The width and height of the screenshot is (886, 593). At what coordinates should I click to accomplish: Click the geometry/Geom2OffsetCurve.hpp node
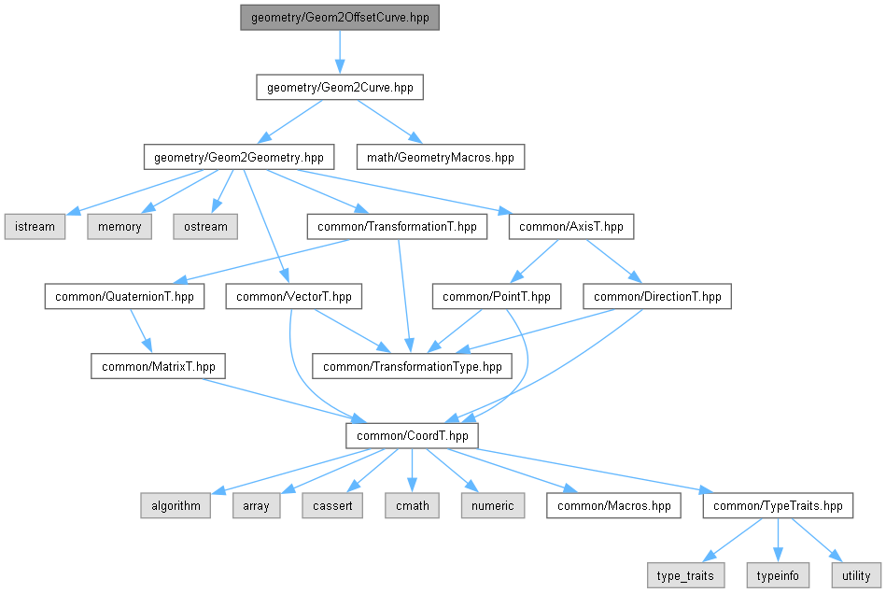(340, 18)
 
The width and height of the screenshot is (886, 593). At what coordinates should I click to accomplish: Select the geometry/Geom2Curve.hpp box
(340, 88)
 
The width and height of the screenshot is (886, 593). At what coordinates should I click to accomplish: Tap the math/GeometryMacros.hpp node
(440, 157)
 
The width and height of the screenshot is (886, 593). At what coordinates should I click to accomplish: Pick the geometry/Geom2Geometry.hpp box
(239, 157)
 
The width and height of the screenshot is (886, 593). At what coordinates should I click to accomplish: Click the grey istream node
(35, 227)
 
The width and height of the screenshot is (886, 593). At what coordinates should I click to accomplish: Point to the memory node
(120, 227)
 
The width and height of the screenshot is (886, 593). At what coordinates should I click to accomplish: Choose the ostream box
(205, 227)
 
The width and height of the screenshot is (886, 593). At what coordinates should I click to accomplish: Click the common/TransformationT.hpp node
(397, 227)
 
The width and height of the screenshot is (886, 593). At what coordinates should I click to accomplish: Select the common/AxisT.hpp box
(571, 227)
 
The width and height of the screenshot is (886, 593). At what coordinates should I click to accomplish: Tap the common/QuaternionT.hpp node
(124, 296)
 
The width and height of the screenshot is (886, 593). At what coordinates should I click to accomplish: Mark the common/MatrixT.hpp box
(158, 366)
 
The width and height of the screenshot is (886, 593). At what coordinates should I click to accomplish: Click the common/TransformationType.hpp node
(413, 366)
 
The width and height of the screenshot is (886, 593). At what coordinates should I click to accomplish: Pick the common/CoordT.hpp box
(413, 436)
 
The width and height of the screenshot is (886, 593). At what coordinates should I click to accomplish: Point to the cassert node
(332, 505)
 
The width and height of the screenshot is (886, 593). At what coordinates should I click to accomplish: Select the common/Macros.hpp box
(613, 505)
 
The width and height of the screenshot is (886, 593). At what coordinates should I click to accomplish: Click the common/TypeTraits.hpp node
(778, 505)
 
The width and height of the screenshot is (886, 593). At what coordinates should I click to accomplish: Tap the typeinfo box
(778, 575)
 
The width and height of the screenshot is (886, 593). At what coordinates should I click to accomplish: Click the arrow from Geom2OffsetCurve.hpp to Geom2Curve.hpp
(340, 52)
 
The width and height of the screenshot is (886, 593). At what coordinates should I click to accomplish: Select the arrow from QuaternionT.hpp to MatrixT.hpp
(141, 331)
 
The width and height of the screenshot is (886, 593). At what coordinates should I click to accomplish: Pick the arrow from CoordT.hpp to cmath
(412, 471)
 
